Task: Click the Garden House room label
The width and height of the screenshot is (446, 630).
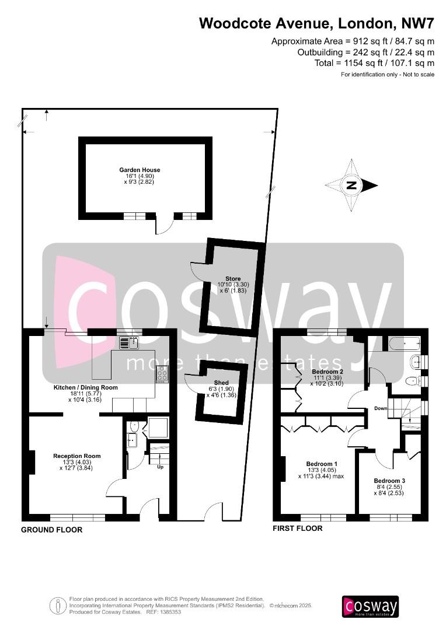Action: coord(140,170)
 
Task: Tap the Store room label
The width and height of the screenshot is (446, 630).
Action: coord(233,278)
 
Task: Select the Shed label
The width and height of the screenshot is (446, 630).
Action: coord(221,383)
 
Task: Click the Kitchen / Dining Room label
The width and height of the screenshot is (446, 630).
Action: coord(86,388)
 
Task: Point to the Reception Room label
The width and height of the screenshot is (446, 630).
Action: coord(77,456)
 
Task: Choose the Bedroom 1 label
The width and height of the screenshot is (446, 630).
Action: coord(322,464)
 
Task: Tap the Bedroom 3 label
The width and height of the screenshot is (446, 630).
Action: coord(389,481)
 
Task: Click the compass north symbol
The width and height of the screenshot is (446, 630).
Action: coord(351,185)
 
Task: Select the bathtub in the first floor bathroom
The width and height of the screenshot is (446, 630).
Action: coord(404,344)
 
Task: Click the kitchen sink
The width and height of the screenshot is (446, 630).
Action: coord(129,343)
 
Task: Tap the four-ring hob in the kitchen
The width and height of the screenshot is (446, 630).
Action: coord(162,374)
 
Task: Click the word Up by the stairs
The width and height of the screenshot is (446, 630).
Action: coord(160,467)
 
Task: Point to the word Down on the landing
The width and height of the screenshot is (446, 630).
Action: coord(381,408)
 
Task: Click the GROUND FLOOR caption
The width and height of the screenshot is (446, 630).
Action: coord(51,530)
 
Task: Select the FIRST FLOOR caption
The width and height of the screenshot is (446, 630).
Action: coord(298,528)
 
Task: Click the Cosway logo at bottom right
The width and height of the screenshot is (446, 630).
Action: coord(370,607)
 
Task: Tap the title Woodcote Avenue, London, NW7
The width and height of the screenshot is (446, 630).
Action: coord(316,23)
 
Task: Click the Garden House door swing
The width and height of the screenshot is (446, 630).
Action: coord(164,226)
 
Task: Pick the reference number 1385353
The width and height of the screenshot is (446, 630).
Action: coord(171,612)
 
